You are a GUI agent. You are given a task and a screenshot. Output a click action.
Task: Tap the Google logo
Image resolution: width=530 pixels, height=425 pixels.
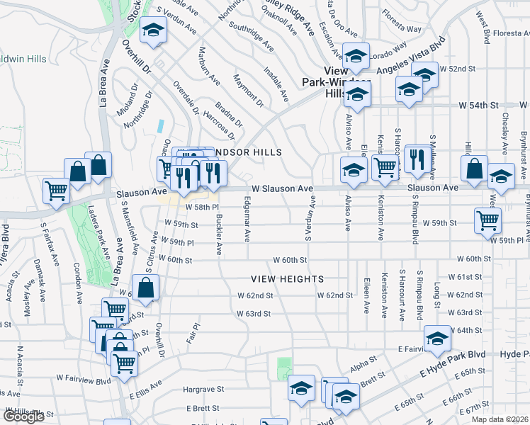coord(23,416)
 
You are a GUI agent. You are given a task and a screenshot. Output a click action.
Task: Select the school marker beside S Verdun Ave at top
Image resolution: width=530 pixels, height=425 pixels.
coord(152,30)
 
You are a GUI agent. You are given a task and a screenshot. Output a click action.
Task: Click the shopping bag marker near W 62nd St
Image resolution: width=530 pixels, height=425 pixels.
coord(145,289)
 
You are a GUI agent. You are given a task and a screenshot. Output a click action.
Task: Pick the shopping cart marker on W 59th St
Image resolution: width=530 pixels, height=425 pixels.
coord(487,220)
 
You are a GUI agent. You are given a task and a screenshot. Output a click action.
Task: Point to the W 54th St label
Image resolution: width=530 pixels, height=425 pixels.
coord(479,105)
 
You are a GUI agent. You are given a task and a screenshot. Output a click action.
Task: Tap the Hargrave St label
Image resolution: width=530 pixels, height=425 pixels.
coord(203,389)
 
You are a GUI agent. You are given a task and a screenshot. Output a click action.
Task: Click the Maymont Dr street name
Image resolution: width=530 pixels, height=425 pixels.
coord(249,93)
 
